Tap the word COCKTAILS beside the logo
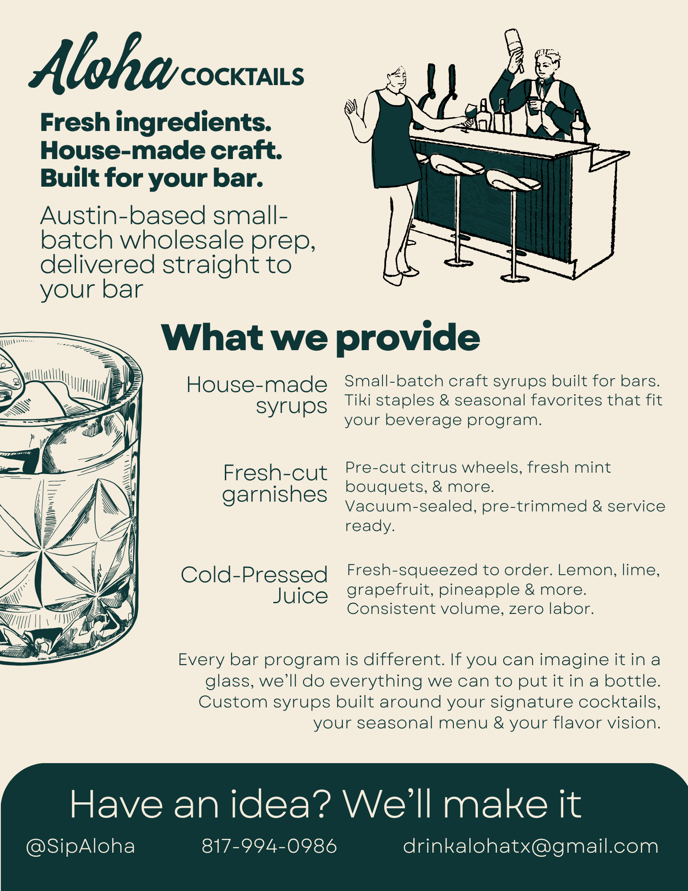pyautogui.click(x=242, y=77)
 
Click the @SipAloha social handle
pyautogui.click(x=81, y=846)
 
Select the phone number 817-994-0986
pyautogui.click(x=269, y=846)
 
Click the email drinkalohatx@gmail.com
pyautogui.click(x=531, y=846)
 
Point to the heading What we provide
pyautogui.click(x=321, y=337)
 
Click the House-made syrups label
pyautogui.click(x=257, y=396)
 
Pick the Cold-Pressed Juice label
pyautogui.click(x=254, y=585)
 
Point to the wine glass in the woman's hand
pyautogui.click(x=469, y=116)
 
